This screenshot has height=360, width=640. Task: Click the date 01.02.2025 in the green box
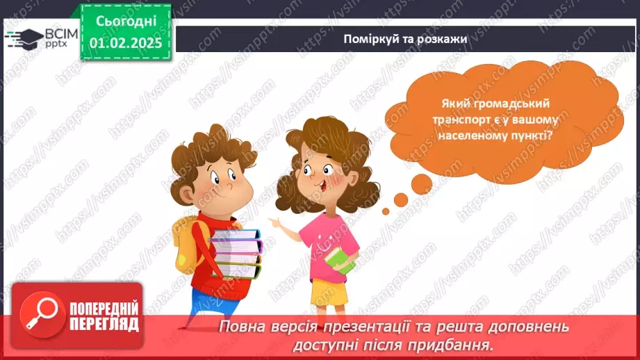pyautogui.click(x=126, y=43)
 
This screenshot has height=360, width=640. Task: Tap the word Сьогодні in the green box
pyautogui.click(x=126, y=22)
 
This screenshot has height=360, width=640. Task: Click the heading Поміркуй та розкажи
pyautogui.click(x=405, y=39)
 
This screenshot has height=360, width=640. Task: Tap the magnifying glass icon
pyautogui.click(x=42, y=315)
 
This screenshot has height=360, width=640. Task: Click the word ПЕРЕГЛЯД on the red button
pyautogui.click(x=104, y=325)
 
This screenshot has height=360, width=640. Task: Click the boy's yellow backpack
pyautogui.click(x=186, y=244)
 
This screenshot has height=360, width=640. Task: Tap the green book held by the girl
pyautogui.click(x=340, y=260)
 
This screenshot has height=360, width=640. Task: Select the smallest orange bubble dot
pyautogui.click(x=385, y=211)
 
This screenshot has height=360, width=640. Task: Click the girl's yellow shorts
pyautogui.click(x=329, y=293)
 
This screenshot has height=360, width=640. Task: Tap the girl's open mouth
pyautogui.click(x=322, y=187)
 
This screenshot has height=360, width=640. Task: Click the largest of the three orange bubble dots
pyautogui.click(x=422, y=183)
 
